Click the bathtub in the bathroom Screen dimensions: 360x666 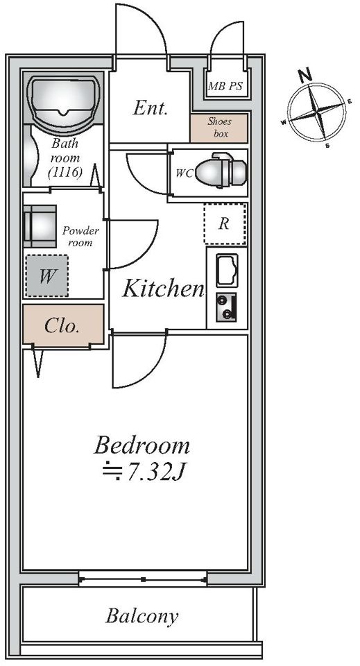pyautogui.click(x=64, y=102)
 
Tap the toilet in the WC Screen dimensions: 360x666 pyautogui.click(x=221, y=171)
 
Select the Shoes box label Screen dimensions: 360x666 pyautogui.click(x=219, y=128)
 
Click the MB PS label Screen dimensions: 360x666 pyautogui.click(x=225, y=86)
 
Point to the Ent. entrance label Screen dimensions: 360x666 pyautogui.click(x=150, y=108)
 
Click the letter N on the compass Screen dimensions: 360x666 pyautogui.click(x=305, y=75)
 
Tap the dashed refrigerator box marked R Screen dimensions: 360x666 pyautogui.click(x=225, y=224)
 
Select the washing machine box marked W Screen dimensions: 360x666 pyautogui.click(x=46, y=275)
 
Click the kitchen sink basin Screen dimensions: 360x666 pyautogui.click(x=227, y=270)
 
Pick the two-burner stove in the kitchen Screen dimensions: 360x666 pyautogui.click(x=226, y=307)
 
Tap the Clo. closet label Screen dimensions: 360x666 pyautogui.click(x=62, y=326)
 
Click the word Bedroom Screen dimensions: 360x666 pyautogui.click(x=142, y=445)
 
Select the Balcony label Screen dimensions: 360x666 pyautogui.click(x=142, y=617)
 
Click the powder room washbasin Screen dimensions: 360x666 pyautogui.click(x=40, y=226)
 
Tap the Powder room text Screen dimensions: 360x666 pyautogui.click(x=80, y=237)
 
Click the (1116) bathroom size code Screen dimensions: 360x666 pyautogui.click(x=65, y=173)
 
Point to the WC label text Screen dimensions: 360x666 pyautogui.click(x=185, y=173)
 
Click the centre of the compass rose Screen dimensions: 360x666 pyautogui.click(x=317, y=112)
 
